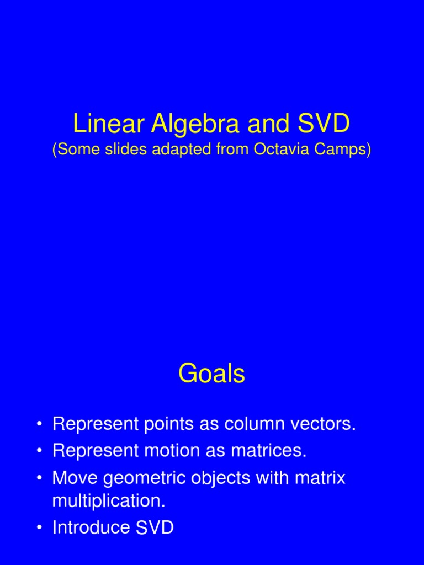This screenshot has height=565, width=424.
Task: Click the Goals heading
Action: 211,374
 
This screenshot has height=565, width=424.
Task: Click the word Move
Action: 75,477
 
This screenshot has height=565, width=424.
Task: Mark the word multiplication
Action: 109,501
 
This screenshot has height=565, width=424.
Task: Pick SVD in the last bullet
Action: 152,527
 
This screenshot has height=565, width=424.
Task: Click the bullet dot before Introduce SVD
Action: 40,528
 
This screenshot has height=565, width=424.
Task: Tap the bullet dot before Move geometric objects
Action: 40,478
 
